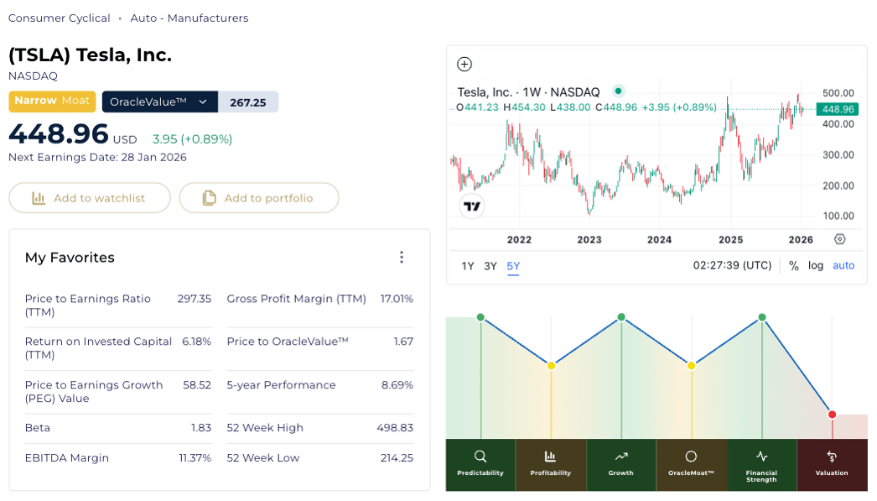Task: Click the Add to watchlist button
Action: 90,198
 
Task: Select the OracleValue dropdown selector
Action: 159,102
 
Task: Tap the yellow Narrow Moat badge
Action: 52,101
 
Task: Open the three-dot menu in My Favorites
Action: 402,258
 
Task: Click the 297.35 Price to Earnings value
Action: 194,299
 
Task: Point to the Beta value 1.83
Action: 201,428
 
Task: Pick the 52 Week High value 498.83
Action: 395,428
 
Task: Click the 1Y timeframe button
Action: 468,266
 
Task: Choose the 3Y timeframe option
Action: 490,266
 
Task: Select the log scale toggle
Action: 816,265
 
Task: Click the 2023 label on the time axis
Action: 589,239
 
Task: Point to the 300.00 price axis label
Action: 838,154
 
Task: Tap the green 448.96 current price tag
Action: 838,109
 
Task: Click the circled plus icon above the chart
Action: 464,65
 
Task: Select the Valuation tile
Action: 832,464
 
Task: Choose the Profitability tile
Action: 551,464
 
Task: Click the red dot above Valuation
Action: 832,415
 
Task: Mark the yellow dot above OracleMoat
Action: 691,366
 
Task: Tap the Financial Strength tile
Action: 761,464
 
